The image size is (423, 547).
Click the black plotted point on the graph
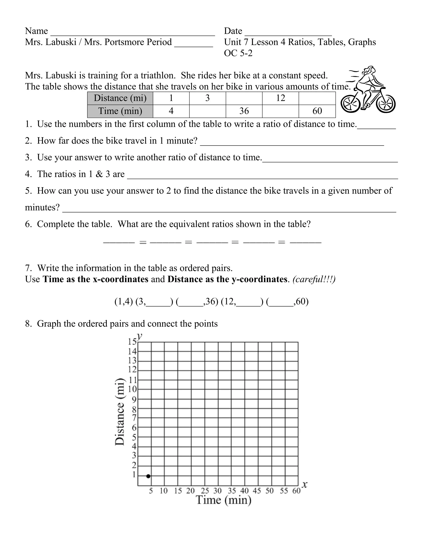click(x=148, y=476)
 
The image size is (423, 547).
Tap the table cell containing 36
click(x=244, y=111)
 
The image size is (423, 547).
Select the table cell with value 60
click(x=317, y=111)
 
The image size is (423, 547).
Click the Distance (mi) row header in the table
click(x=120, y=98)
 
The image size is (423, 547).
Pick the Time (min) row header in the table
click(x=120, y=111)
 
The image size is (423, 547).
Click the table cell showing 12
click(x=280, y=98)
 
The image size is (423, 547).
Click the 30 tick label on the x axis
click(x=217, y=491)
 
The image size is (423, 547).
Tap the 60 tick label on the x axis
click(x=296, y=491)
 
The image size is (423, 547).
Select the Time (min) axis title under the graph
click(x=223, y=500)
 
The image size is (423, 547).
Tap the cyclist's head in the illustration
click(x=370, y=70)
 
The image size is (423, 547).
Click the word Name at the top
click(x=36, y=31)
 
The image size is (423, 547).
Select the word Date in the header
click(x=233, y=31)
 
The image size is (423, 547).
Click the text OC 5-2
click(x=238, y=53)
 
